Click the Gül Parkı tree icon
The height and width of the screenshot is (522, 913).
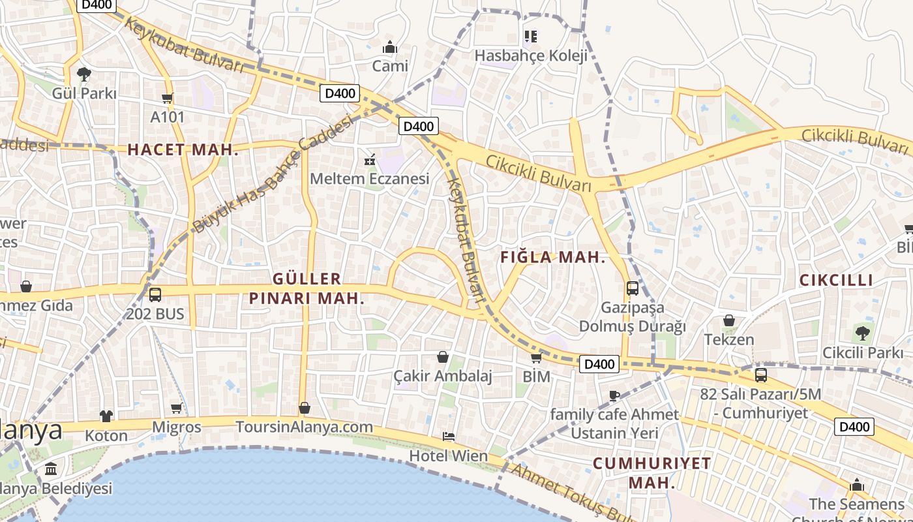coord(83,74)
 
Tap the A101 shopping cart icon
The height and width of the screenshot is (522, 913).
coord(168,99)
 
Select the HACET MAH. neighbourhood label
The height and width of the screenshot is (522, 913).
coord(183,149)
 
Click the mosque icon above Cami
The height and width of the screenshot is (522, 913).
coord(390,47)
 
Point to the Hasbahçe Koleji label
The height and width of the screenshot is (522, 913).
coord(531,55)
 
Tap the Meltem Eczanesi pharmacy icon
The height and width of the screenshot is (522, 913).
coord(370,159)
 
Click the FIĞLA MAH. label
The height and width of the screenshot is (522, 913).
coord(553,258)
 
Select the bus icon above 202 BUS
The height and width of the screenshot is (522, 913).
coord(155,294)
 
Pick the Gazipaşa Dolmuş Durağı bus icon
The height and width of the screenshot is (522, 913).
coord(632,288)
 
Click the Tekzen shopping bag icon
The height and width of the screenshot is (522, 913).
coord(728,320)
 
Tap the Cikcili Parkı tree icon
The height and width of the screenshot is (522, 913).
coord(862,333)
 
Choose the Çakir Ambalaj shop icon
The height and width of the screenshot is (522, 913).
coord(443,357)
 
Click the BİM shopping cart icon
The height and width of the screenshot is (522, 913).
coord(536,358)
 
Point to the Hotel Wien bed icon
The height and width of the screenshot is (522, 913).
coord(448,437)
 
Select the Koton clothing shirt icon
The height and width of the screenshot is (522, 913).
coord(106,416)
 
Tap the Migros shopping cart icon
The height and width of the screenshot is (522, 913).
coord(176,408)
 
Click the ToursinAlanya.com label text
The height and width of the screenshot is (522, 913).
coord(305,427)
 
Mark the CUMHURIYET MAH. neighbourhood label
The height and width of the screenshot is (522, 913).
coord(651,473)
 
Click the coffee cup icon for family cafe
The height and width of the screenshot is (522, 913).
coord(614,395)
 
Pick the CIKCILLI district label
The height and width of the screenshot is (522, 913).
coord(836,281)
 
